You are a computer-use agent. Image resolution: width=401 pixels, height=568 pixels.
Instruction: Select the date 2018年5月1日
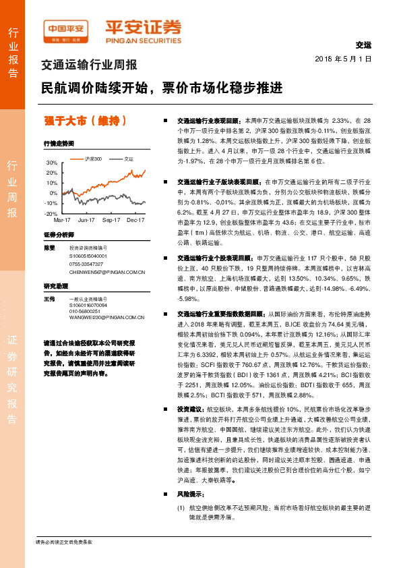[344, 59]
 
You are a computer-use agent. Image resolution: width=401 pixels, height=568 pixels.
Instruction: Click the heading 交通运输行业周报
[90, 65]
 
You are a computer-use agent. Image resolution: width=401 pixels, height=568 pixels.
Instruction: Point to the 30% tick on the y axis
[52, 163]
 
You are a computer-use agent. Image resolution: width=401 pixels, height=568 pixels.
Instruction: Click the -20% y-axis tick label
[51, 213]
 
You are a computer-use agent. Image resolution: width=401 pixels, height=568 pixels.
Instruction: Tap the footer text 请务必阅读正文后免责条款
[63, 542]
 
